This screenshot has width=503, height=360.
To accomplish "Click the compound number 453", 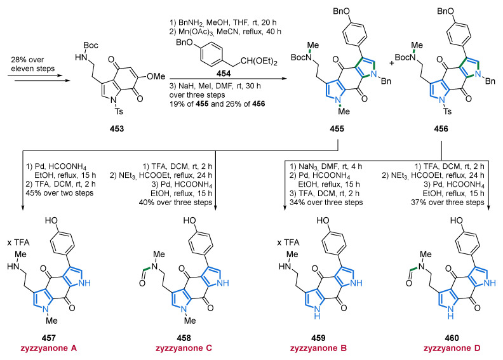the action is [117, 129].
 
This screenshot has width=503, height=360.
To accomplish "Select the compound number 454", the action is [224, 74].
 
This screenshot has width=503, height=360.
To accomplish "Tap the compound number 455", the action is [337, 129].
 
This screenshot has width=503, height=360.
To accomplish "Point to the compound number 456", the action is [441, 129].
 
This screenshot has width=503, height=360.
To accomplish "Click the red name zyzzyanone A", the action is [49, 348].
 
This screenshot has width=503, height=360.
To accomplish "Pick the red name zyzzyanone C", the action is [184, 348].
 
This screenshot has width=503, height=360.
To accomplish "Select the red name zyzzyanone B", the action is [318, 348].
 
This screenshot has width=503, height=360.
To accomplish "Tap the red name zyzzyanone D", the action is [452, 348].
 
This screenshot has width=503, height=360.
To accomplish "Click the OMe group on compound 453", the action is [156, 76].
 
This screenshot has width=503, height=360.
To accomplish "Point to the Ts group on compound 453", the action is [119, 112].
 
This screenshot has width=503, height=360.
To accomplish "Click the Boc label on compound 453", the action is [91, 46].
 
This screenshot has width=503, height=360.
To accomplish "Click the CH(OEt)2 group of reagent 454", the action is [258, 62].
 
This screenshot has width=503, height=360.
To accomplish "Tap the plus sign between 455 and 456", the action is [392, 63].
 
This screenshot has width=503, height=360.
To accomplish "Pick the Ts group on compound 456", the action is [447, 112].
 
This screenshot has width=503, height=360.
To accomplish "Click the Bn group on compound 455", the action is [386, 81].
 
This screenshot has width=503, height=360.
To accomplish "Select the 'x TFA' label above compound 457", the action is [18, 243].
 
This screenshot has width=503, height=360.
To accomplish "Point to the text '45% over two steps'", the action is [60, 193].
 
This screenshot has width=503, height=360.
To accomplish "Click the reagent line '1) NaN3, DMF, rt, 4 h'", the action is [326, 166].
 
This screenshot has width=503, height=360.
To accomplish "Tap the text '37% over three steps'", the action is [448, 203].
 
